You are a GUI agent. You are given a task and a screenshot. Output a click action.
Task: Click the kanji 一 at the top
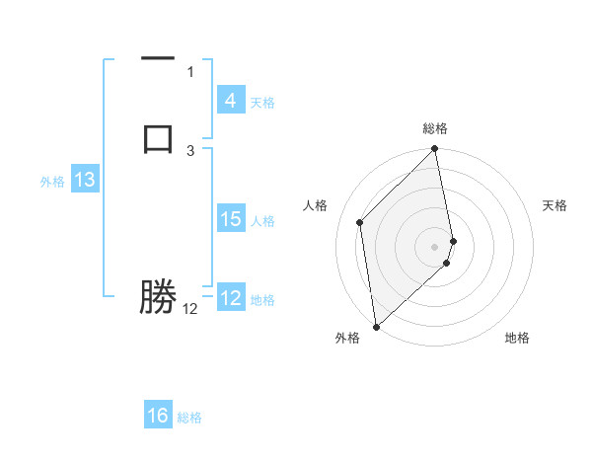point(158,58)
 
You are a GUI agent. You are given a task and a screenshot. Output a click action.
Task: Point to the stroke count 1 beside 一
point(190,71)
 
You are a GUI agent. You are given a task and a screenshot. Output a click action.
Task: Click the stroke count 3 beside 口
point(190,150)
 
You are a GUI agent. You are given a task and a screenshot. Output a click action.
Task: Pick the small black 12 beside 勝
point(189,309)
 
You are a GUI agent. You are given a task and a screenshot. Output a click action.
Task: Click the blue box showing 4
point(230,100)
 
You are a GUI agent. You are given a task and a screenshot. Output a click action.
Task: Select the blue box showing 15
point(230,218)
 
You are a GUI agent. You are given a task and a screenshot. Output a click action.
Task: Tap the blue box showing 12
point(230,297)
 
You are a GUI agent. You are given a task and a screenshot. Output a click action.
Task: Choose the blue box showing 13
point(85,180)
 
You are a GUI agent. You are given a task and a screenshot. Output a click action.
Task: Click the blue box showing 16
point(158,416)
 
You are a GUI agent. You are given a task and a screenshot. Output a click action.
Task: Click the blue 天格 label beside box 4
point(262,103)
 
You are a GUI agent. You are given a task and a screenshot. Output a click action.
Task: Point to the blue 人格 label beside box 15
point(262,221)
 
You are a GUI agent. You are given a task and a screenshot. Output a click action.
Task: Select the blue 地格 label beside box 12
point(262,300)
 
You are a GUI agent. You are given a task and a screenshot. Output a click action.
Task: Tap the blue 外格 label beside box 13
point(52,182)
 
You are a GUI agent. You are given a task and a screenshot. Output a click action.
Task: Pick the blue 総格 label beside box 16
point(189,419)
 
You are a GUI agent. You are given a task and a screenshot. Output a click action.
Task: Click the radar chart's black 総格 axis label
point(435,128)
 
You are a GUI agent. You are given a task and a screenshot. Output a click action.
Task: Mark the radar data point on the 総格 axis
point(435,150)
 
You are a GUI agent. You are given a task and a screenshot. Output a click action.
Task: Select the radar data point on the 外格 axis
point(376,326)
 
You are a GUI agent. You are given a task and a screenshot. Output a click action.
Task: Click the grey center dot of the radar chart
point(435,246)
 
